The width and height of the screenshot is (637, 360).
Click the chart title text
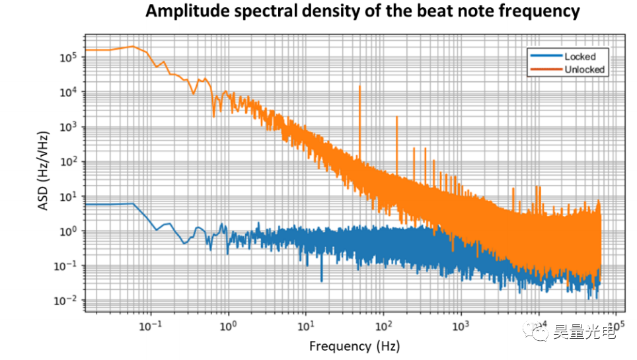[x=362, y=11]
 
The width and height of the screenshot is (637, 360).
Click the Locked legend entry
[x=580, y=57]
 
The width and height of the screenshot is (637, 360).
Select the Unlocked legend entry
[x=584, y=69]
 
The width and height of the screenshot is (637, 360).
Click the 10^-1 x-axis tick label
[x=150, y=326]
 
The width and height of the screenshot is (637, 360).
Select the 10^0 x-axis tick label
[x=229, y=326]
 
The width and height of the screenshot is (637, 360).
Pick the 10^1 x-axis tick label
[x=306, y=326]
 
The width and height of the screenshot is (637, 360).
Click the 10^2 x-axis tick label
[x=383, y=326]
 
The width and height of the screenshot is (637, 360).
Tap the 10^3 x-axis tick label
[x=461, y=326]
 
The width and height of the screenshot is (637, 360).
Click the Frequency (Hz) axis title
[x=354, y=345]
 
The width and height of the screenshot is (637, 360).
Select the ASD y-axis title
[x=44, y=178]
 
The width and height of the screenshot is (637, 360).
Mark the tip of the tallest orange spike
[x=359, y=86]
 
